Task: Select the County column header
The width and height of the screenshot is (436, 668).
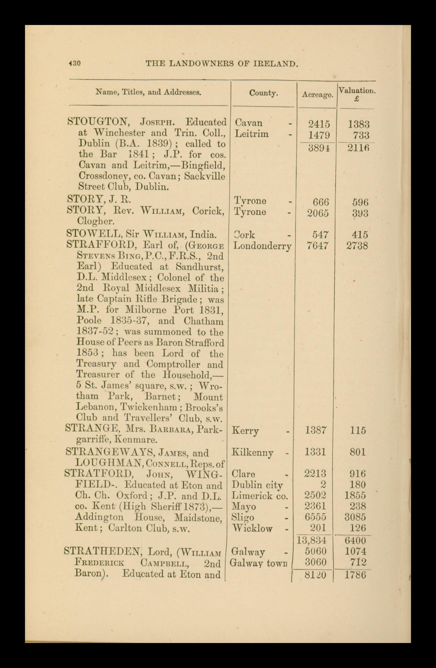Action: click(263, 93)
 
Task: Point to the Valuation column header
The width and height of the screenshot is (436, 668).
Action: click(356, 91)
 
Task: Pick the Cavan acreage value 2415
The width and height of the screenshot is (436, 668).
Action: click(319, 124)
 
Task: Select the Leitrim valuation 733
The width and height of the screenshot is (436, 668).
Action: click(361, 135)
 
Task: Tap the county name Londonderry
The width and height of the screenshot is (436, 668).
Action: click(262, 246)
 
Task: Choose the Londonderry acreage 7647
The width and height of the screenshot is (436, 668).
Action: click(318, 246)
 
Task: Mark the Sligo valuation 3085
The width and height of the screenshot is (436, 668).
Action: click(355, 517)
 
